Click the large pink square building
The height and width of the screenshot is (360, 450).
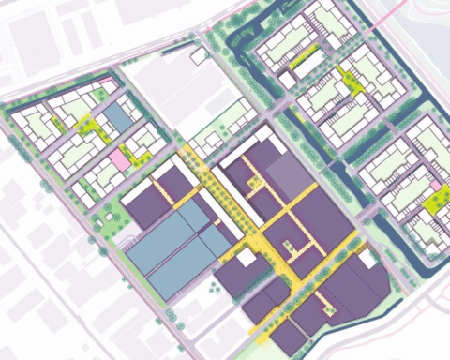(118, 158)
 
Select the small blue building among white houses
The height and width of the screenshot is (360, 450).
(117, 117)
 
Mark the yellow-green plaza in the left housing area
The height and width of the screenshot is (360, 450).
(88, 125)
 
